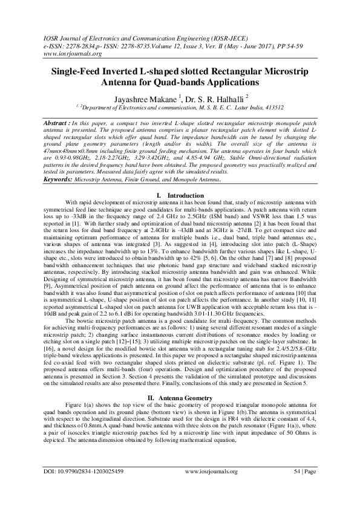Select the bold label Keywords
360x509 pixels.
point(62,179)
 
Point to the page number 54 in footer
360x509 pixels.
point(297,487)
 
